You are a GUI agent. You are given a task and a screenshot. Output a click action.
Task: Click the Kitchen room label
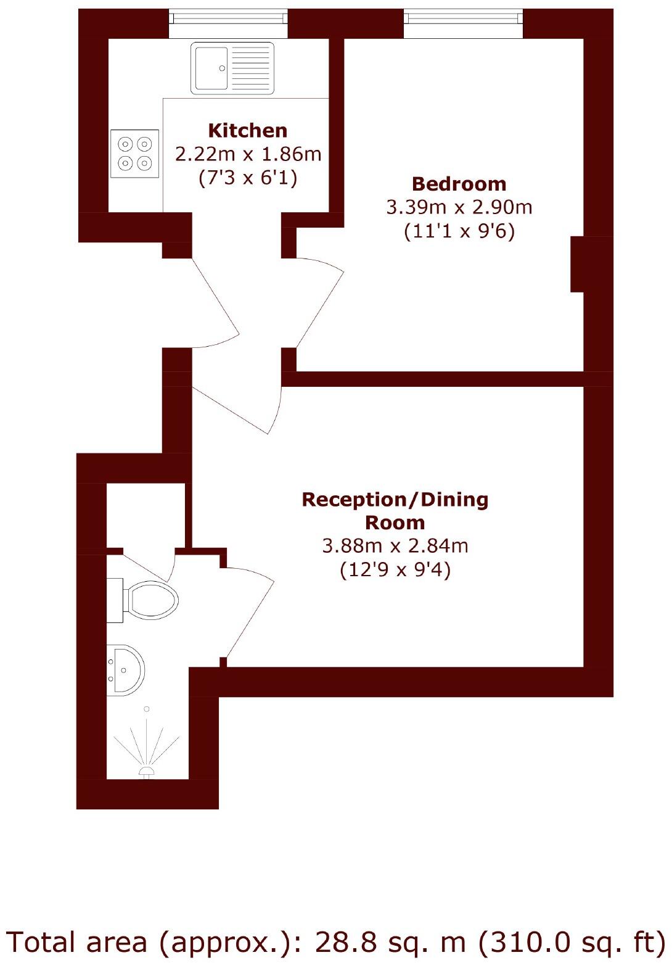point(248,131)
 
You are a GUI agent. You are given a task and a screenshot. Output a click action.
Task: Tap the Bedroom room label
point(459,184)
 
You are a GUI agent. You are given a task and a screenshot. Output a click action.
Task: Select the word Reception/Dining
point(395,499)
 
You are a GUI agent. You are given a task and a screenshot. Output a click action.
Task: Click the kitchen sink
point(232,68)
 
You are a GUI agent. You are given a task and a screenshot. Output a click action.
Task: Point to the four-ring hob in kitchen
point(135,154)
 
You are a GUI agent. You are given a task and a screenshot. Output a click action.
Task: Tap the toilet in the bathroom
point(148,599)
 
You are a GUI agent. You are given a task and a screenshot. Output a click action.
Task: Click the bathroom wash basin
point(126,670)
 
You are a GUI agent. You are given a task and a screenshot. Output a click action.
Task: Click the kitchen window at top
point(228,23)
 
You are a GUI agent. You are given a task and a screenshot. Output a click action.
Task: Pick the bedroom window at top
point(463,23)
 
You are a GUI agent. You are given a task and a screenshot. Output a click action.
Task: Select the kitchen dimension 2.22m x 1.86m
point(248,154)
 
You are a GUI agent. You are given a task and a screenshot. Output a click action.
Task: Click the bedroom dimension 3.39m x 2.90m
point(459,207)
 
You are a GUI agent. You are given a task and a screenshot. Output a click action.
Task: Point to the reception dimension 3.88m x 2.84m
point(395,546)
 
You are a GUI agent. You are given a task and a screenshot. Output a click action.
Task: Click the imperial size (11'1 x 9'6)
point(459,231)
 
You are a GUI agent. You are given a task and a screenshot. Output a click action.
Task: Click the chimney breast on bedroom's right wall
point(577,264)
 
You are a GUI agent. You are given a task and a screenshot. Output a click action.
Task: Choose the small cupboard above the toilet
point(145,515)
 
